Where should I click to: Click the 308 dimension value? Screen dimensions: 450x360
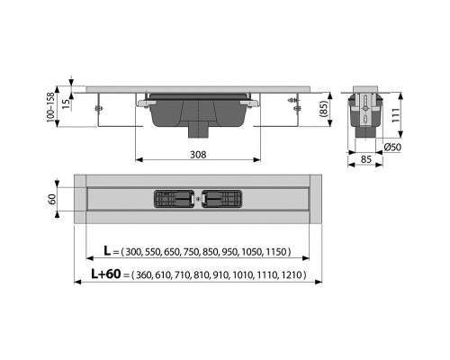(x=198, y=155)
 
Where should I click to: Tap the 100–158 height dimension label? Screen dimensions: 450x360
(x=50, y=107)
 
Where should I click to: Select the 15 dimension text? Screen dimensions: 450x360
(x=67, y=103)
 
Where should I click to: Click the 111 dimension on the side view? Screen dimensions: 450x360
(x=395, y=114)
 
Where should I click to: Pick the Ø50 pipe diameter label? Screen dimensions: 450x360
(x=392, y=147)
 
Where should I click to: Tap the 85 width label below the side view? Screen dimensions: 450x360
(x=366, y=159)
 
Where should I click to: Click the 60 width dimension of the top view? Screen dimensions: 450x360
(x=52, y=199)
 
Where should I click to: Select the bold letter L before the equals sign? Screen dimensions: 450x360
(x=107, y=250)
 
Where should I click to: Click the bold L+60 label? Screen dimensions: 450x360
(x=106, y=274)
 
